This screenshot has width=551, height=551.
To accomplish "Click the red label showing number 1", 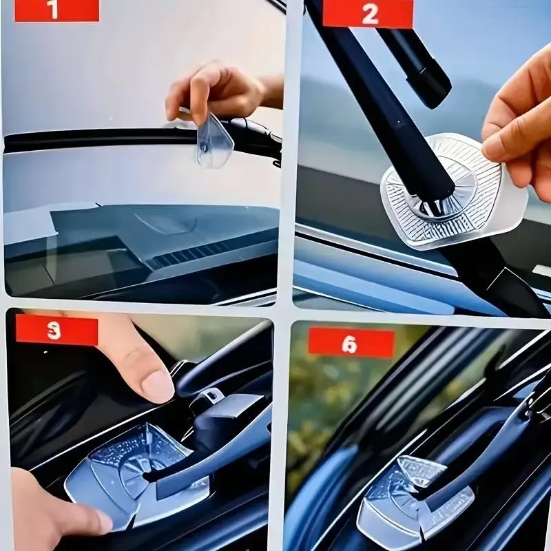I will coord(56,10).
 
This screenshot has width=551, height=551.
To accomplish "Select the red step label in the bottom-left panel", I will coord(56,331).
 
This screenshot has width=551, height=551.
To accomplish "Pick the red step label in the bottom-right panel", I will coord(351,342).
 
